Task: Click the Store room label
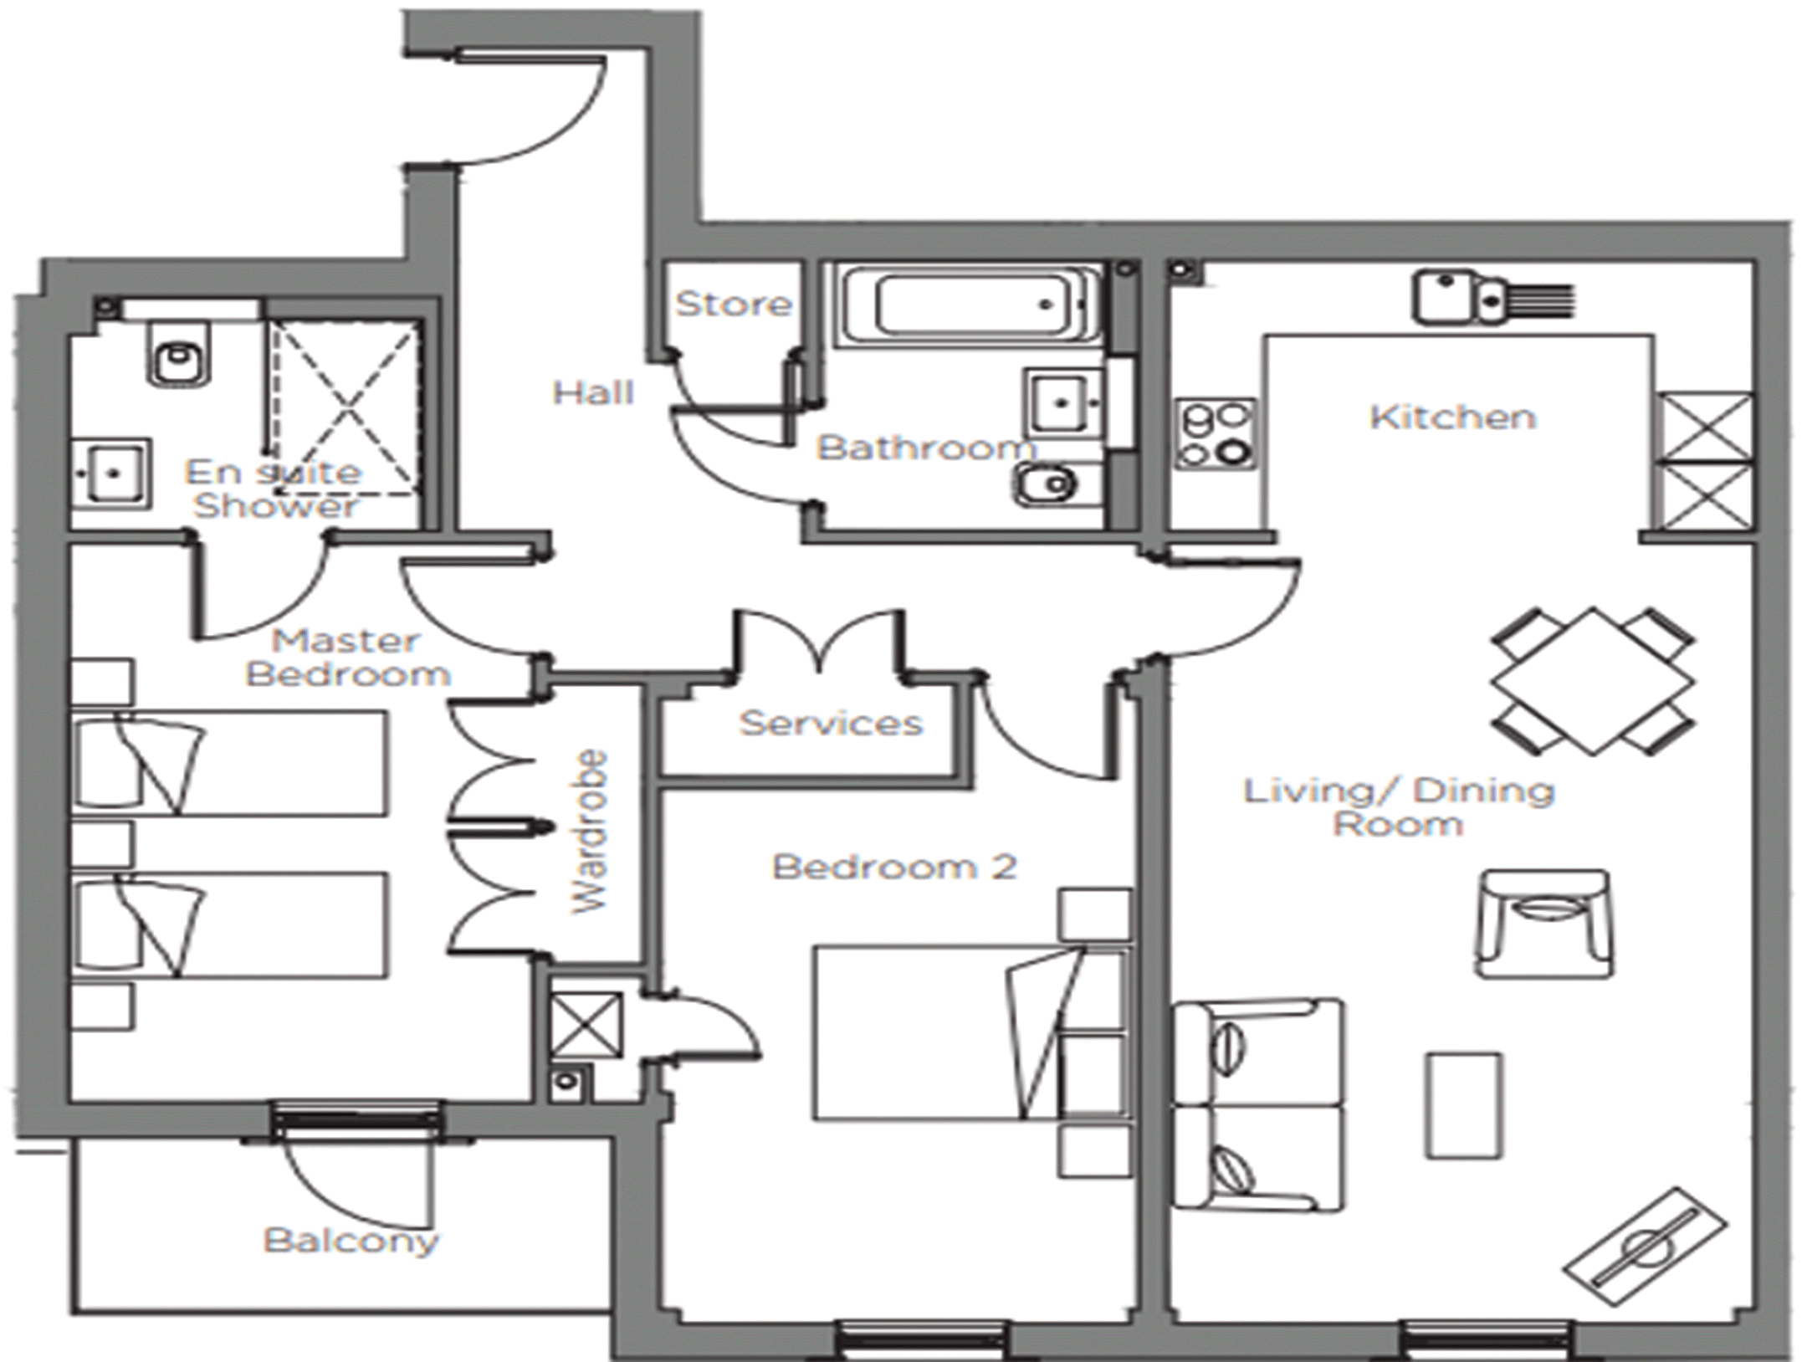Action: [x=734, y=304]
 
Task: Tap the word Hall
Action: [x=593, y=392]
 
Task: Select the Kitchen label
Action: [x=1453, y=417]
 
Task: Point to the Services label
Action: [x=832, y=723]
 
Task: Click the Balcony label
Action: [x=351, y=1242]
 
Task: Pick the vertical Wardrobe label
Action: [x=590, y=832]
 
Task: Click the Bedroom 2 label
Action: [x=894, y=867]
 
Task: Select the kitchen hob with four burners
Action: [x=1216, y=433]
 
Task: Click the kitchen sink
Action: [x=1493, y=297]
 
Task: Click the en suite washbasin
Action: [x=111, y=473]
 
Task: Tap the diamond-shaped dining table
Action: [x=1593, y=681]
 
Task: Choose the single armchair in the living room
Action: [x=1544, y=924]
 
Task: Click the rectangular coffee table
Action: [x=1464, y=1105]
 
